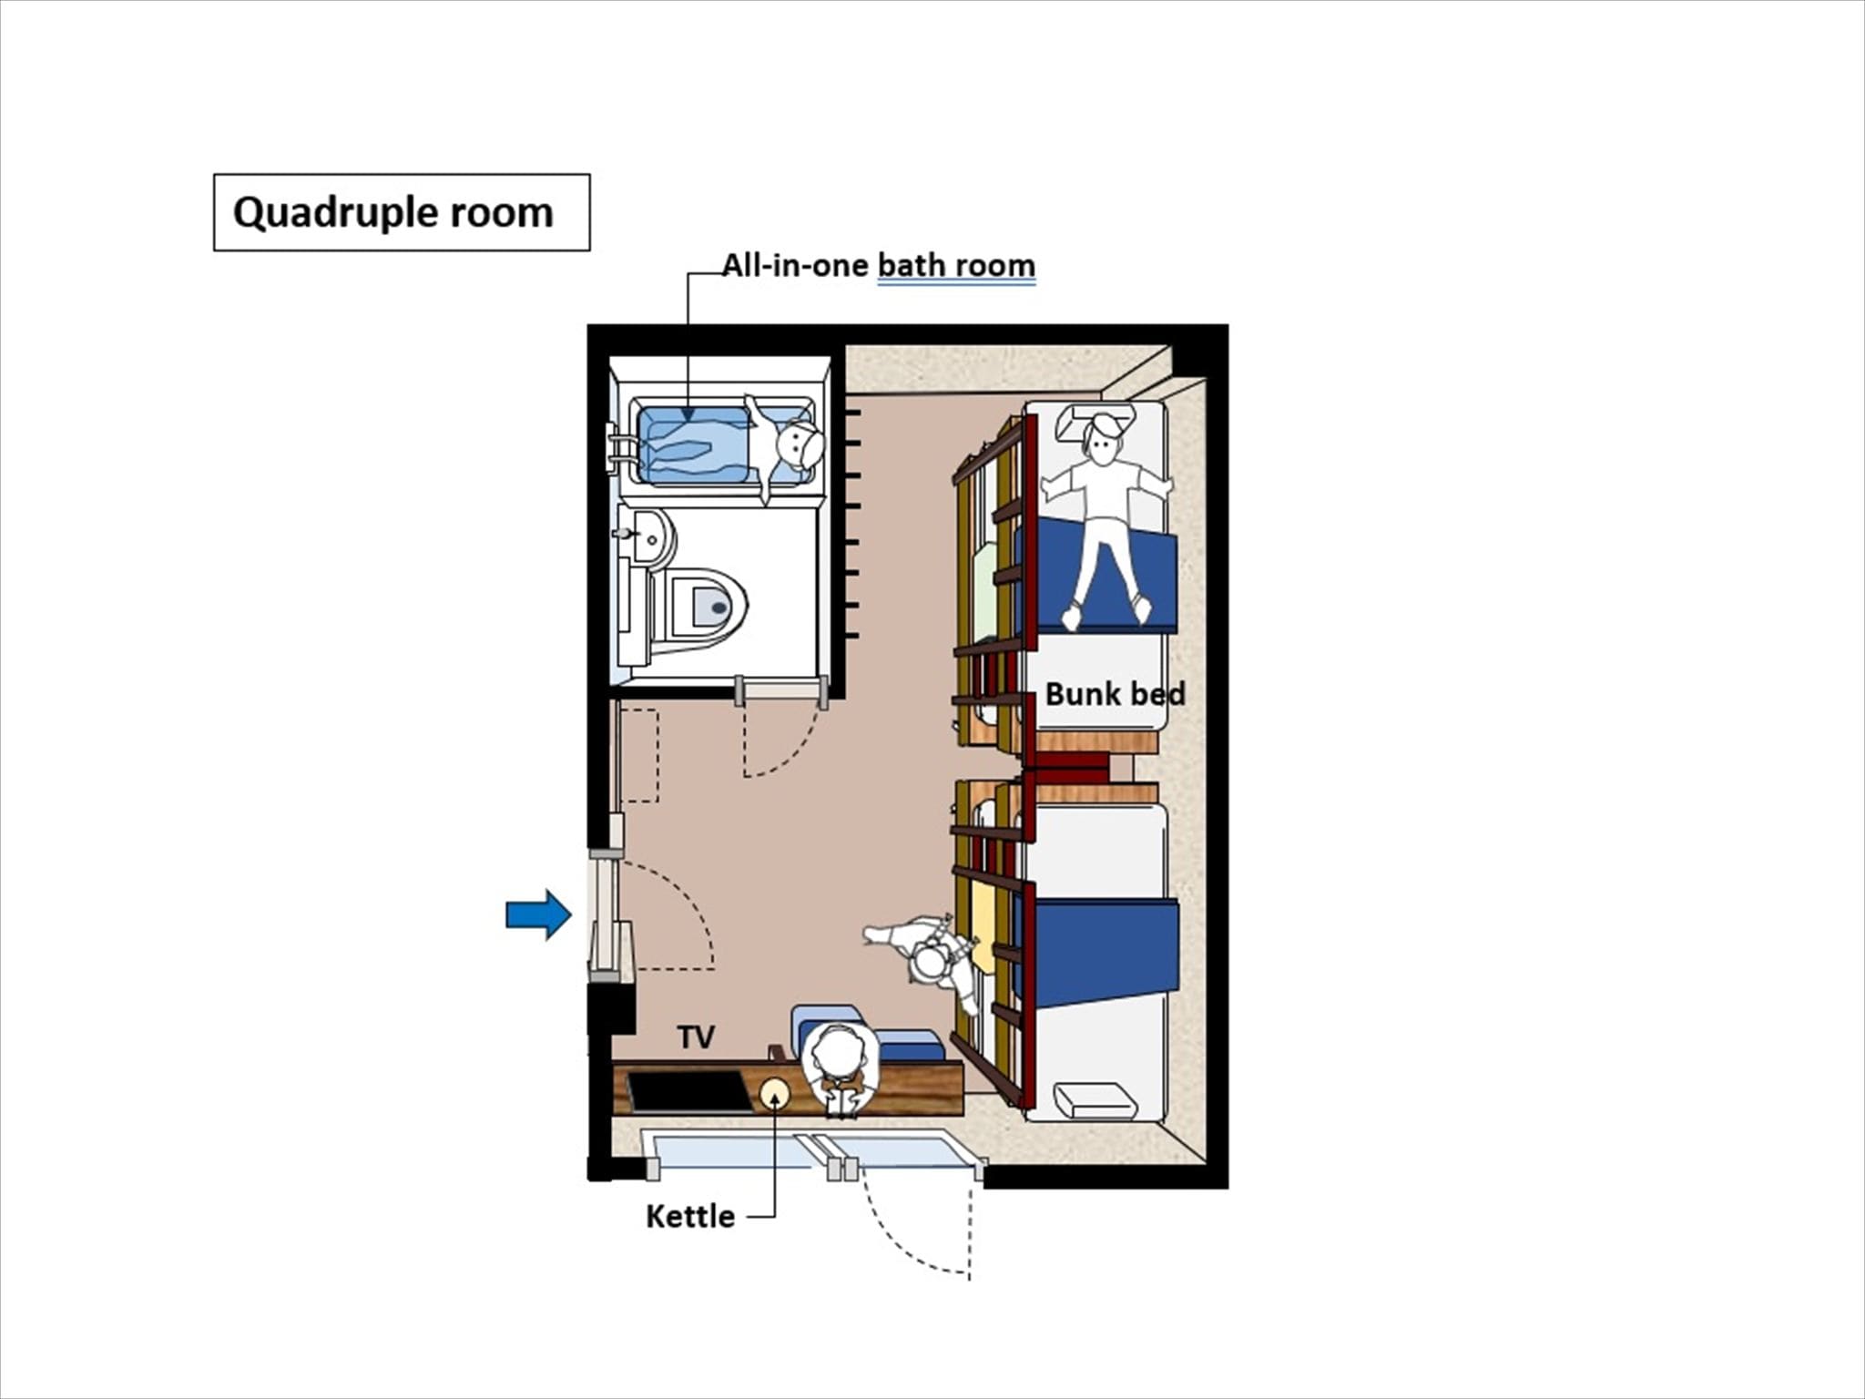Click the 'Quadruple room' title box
402,212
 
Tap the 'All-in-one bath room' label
879,265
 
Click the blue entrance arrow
538,914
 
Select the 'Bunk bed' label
1115,694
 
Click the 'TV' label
696,1036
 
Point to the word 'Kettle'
689,1217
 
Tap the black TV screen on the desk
688,1091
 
